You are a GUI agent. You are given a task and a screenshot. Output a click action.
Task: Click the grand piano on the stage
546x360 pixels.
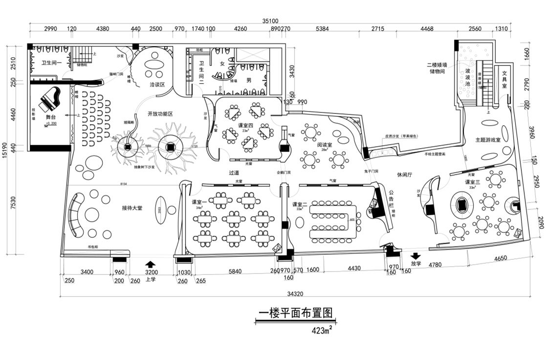(50, 101)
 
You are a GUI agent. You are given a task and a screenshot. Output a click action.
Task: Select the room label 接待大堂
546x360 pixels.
(132, 208)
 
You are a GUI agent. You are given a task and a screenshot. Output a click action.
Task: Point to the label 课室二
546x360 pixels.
(300, 204)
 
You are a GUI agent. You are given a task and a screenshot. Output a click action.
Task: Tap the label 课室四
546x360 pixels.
(246, 125)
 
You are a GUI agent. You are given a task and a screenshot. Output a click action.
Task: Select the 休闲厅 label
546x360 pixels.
(404, 174)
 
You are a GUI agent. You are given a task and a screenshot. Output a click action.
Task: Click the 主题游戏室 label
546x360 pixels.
(488, 140)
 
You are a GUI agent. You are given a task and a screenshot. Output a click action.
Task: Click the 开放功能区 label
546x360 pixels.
(161, 114)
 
